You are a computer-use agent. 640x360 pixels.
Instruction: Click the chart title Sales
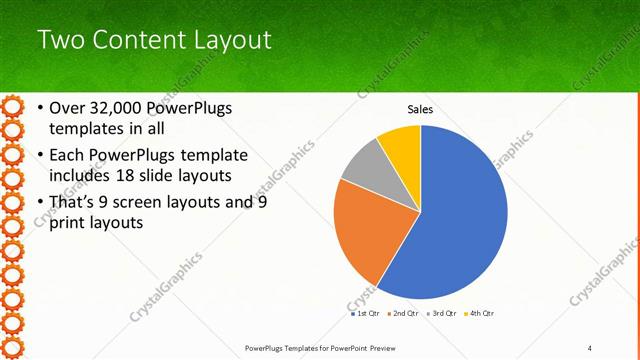click(420, 109)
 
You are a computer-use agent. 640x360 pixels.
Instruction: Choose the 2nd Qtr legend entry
click(403, 313)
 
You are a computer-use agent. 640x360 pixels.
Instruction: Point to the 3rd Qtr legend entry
click(441, 313)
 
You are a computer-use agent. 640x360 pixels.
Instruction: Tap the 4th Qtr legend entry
click(479, 313)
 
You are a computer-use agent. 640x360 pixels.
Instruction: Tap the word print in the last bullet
click(72, 223)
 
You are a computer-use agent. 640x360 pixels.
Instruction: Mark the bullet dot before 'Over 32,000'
click(39, 108)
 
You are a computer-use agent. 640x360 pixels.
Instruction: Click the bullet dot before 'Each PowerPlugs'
click(39, 155)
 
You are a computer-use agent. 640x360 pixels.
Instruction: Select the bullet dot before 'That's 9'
click(39, 202)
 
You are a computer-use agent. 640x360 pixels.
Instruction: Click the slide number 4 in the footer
click(590, 347)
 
